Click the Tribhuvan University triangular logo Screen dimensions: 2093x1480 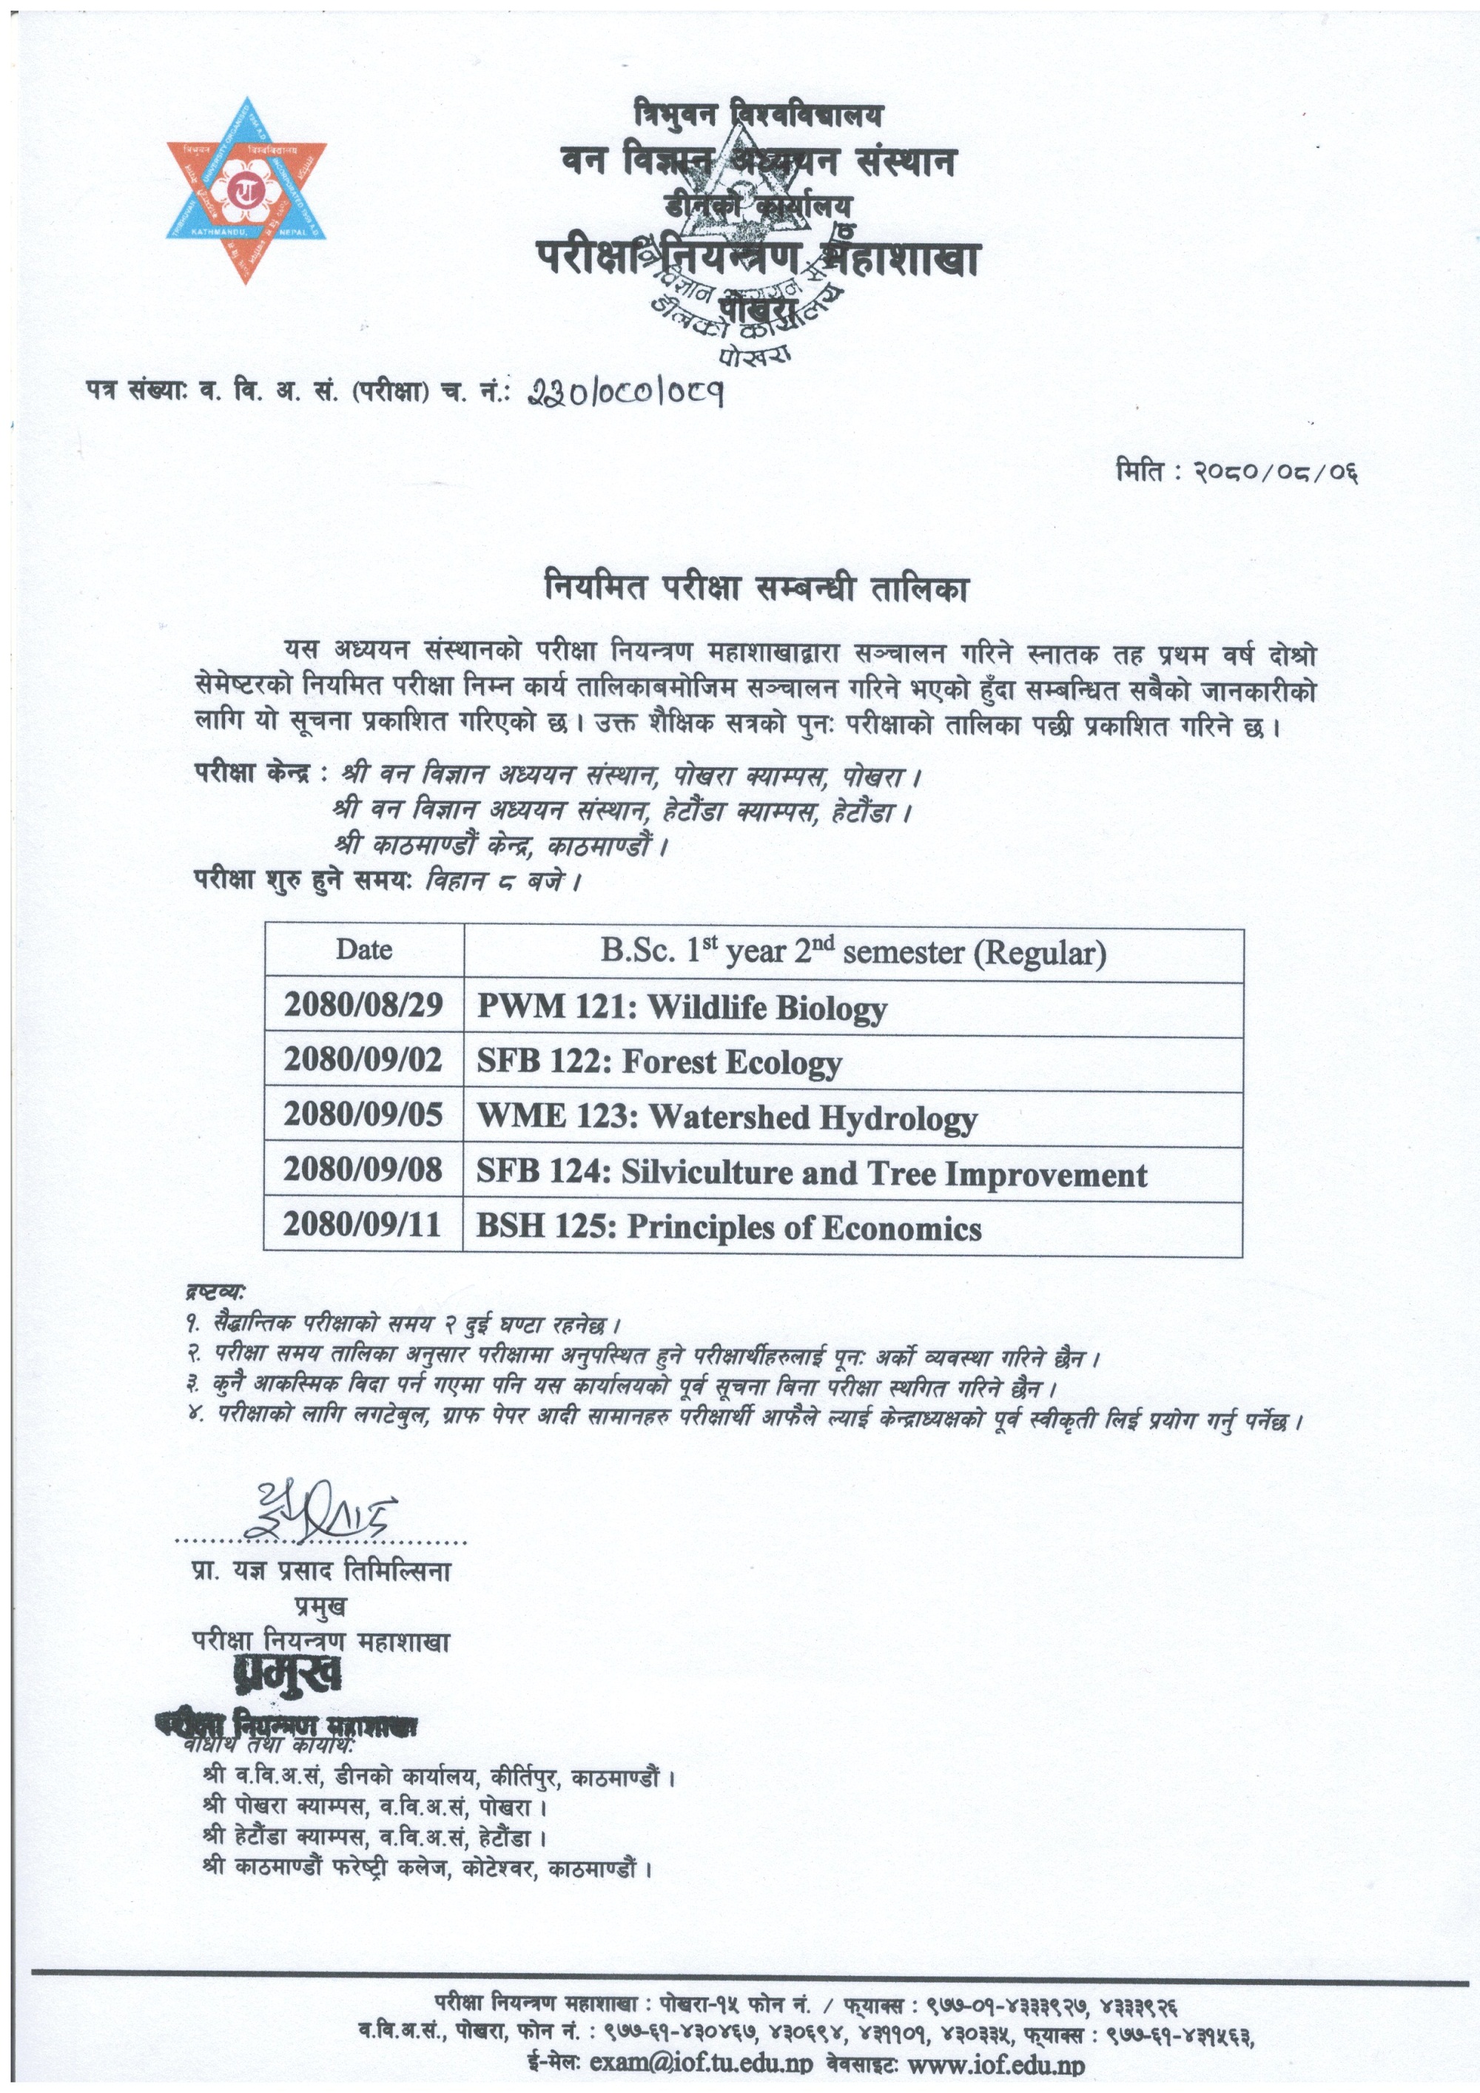click(246, 189)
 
